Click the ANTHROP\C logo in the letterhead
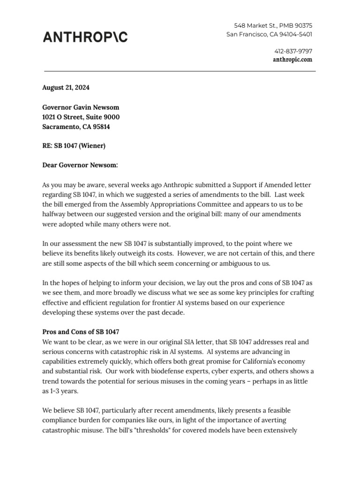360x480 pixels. tap(85, 37)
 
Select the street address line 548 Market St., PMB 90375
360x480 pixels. tap(273, 25)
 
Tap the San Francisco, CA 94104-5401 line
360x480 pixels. tap(270, 34)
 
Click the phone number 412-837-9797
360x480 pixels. tap(293, 51)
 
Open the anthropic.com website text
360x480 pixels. tap(292, 60)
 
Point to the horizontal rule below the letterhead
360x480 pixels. tap(180, 71)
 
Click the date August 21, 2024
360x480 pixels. tap(66, 88)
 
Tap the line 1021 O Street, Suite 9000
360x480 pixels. tap(81, 117)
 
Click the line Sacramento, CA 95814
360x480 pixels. tap(76, 127)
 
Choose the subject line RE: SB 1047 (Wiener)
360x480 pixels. tap(74, 146)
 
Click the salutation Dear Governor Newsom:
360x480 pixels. tap(80, 165)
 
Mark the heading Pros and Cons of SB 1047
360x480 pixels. tap(81, 331)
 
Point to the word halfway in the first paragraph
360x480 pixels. tap(55, 214)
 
